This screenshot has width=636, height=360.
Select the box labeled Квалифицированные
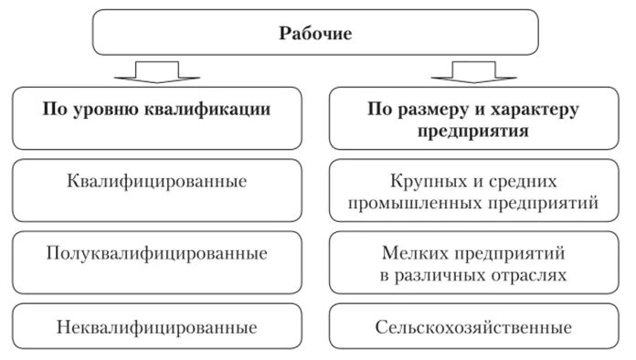point(156,181)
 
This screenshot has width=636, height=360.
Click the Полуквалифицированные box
point(156,252)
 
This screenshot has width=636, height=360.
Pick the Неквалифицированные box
point(156,326)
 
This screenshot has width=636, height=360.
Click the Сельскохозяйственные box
point(472,326)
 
